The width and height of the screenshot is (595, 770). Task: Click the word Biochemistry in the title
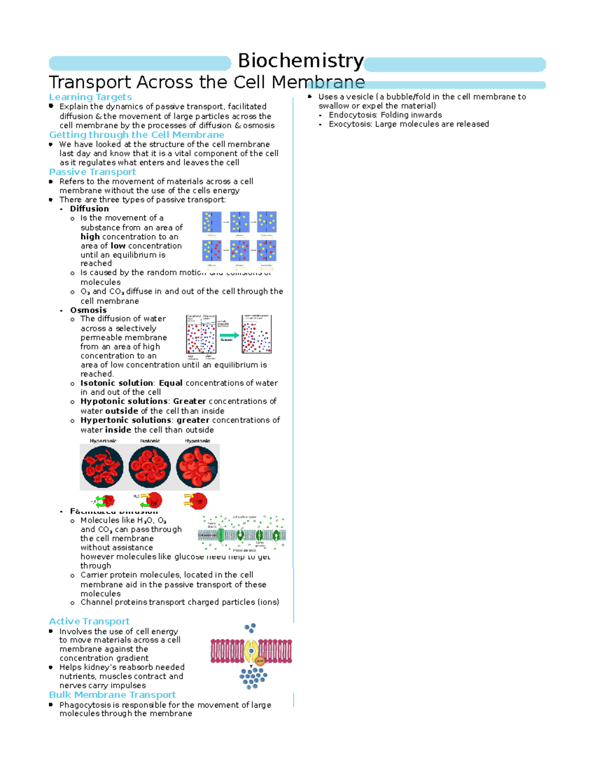click(300, 61)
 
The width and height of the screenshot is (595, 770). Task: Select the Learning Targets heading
click(90, 97)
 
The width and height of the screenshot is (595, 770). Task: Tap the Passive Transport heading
click(92, 172)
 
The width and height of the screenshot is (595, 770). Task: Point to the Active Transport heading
click(89, 621)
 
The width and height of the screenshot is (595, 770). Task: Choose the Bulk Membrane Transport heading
click(113, 695)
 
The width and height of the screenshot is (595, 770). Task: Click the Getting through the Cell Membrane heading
click(136, 135)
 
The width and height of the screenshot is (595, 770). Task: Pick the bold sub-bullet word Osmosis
click(88, 310)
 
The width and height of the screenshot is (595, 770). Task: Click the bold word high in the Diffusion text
click(90, 237)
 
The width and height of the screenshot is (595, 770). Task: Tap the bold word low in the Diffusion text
click(118, 246)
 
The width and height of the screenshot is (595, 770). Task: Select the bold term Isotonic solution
click(117, 383)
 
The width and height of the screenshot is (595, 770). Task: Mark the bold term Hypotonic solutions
click(124, 402)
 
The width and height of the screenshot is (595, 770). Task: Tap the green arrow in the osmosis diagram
click(229, 335)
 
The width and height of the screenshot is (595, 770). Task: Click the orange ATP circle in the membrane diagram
click(260, 661)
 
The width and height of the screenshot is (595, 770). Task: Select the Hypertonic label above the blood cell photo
click(103, 441)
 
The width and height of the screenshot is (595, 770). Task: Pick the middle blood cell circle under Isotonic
click(150, 467)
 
